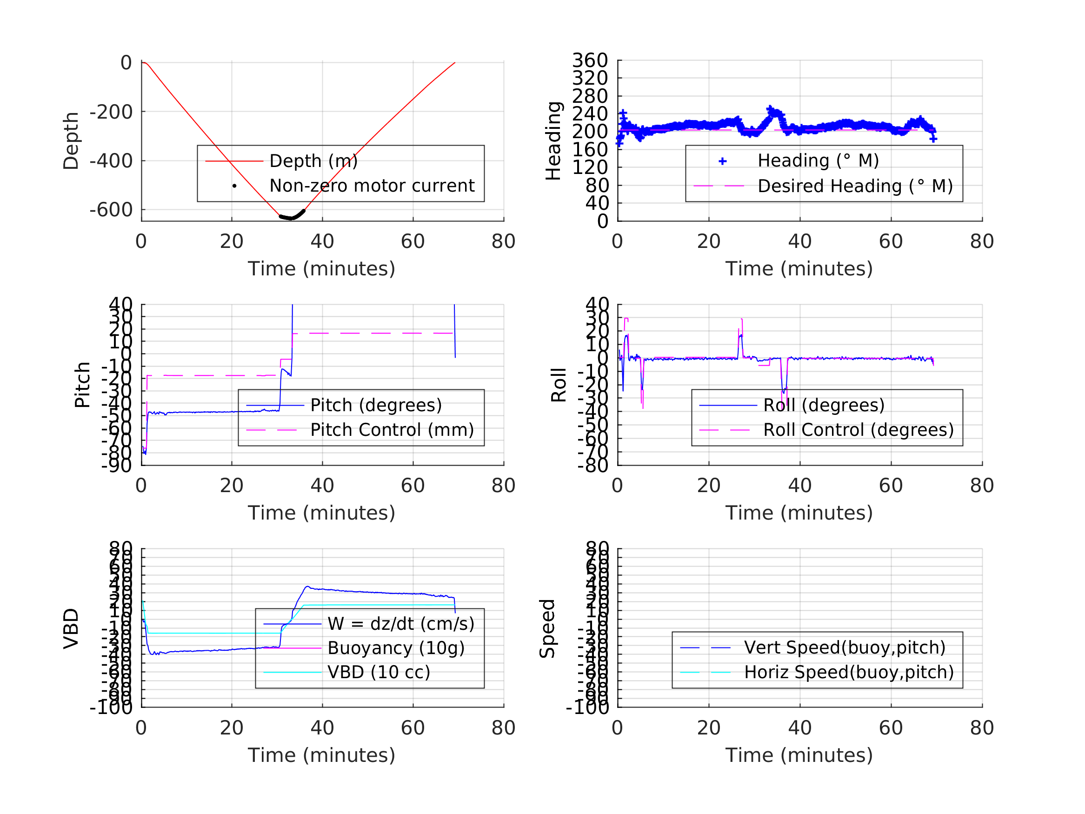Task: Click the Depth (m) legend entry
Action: point(313,161)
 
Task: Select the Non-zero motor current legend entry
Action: point(371,186)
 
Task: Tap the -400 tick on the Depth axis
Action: point(111,161)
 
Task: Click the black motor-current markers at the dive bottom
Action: point(292,216)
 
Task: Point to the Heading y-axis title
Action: point(553,141)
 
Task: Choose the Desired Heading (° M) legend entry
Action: point(854,187)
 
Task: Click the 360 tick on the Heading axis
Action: point(590,60)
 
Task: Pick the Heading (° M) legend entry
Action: point(818,160)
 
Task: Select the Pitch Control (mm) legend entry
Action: point(392,430)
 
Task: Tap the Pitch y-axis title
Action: point(82,385)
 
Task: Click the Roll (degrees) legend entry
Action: point(824,405)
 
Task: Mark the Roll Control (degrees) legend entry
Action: point(858,430)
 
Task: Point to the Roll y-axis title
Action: point(559,385)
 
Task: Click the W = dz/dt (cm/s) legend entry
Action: point(401,624)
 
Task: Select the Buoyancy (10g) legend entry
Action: point(395,648)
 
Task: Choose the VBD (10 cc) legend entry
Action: point(378,672)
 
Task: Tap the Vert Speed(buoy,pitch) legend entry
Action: point(844,647)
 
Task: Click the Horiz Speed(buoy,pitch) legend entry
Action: point(849,672)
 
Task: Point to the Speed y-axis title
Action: point(547,628)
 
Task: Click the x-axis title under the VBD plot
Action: point(321,755)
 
